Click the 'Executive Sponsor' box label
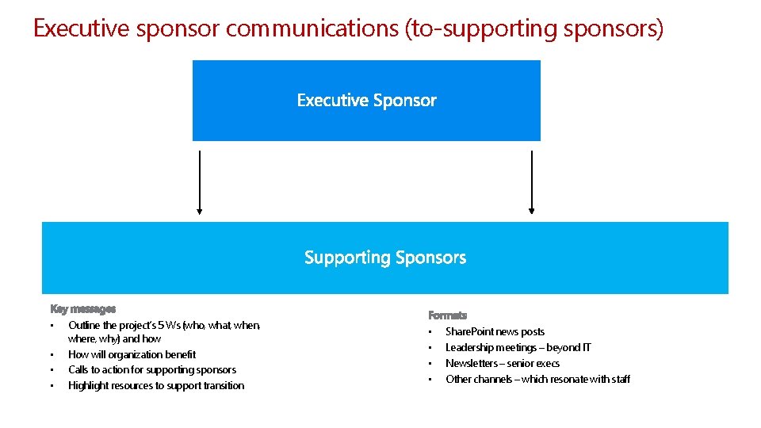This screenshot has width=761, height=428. (x=366, y=101)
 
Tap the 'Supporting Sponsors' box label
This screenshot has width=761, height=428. (x=385, y=258)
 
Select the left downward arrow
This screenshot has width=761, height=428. (x=200, y=182)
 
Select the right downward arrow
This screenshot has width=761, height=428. (x=532, y=182)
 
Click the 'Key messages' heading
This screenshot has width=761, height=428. (x=83, y=309)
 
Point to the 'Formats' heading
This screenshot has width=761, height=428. (x=448, y=315)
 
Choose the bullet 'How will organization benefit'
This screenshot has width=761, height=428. (x=132, y=354)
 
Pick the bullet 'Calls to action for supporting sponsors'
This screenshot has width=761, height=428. (x=152, y=369)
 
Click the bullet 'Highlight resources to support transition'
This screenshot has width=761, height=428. (x=156, y=385)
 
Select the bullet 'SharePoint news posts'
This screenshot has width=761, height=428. (x=495, y=331)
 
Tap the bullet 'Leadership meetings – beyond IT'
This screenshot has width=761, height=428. (x=518, y=347)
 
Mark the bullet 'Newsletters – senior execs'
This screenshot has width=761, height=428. (x=503, y=363)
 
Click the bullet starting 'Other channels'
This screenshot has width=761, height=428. (x=537, y=379)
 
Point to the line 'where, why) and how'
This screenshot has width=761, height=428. (x=114, y=338)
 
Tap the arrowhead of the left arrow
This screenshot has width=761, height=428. (x=200, y=212)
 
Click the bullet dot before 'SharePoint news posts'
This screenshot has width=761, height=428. (x=429, y=332)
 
